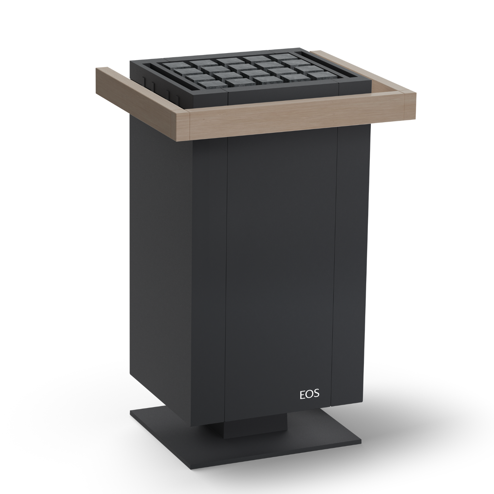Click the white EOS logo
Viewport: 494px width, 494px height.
click(x=309, y=394)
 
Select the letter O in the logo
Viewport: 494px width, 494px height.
click(x=309, y=394)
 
